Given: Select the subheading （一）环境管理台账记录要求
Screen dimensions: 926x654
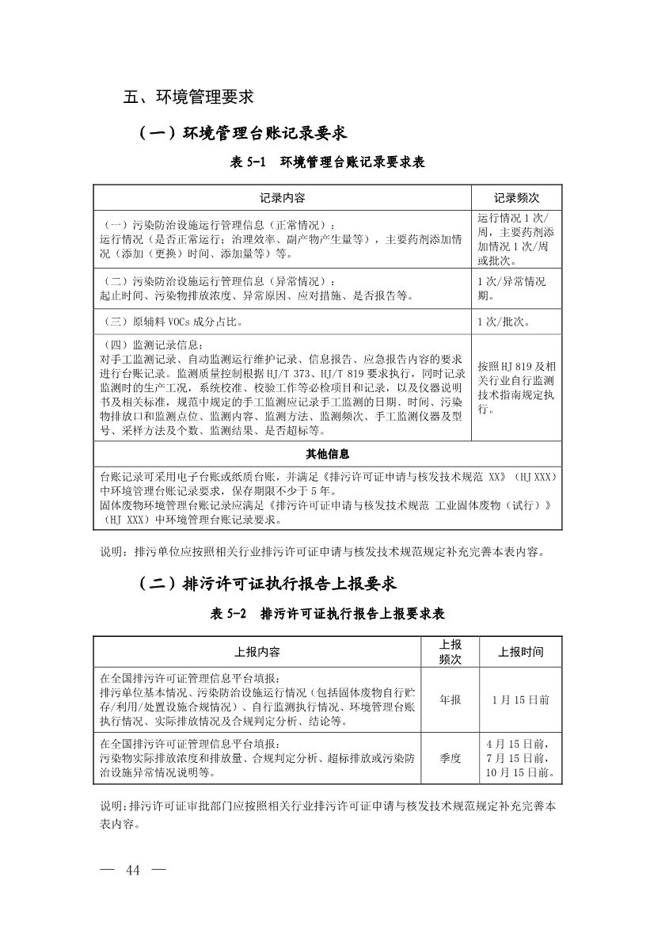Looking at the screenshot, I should point(242,132).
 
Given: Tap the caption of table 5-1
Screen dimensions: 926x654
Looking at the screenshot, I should point(327,162).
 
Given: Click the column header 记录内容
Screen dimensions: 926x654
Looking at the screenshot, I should point(283,197).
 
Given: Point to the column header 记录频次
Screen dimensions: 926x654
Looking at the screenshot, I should point(516,197).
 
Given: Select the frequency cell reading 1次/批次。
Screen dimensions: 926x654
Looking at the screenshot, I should point(504,322).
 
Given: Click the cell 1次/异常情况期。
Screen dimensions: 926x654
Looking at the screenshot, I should point(511,288).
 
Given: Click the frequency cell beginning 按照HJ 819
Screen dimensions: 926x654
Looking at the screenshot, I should point(516,388).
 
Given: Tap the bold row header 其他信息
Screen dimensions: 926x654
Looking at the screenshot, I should point(328,454).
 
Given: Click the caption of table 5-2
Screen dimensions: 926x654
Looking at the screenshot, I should point(327,614).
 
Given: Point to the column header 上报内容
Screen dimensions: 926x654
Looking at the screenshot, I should point(257,652).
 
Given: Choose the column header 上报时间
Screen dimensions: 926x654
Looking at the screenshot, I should point(520,652).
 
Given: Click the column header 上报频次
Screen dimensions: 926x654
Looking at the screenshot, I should point(450,652).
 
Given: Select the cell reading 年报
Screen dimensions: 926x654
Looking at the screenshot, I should point(450,700).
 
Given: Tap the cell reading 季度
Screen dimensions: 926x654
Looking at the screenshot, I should point(450,758).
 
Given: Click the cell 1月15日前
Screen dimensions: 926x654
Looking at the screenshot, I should point(520,700).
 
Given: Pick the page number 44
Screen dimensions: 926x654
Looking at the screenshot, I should point(132,871).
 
